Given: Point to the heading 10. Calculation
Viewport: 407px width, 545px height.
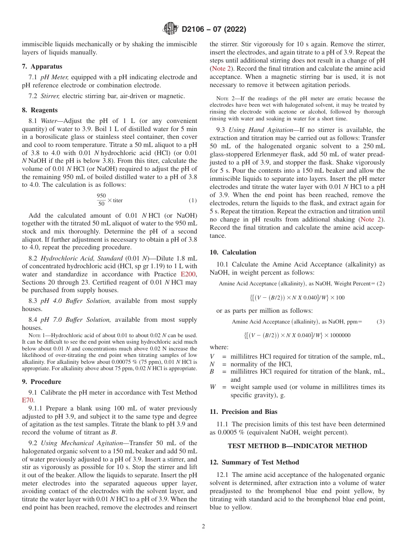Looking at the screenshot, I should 233,252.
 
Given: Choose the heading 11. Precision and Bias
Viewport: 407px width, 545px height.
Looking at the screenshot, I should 243,412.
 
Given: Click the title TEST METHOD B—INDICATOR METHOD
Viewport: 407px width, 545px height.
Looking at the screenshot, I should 297,446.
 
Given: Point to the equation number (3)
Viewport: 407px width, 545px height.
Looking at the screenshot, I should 380,321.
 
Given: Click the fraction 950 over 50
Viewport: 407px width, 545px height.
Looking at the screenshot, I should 101,200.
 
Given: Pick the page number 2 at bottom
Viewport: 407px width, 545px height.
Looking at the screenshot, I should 203,527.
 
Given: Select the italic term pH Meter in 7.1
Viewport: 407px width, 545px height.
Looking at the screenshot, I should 54,78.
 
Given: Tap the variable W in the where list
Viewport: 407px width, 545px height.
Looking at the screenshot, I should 212,387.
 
